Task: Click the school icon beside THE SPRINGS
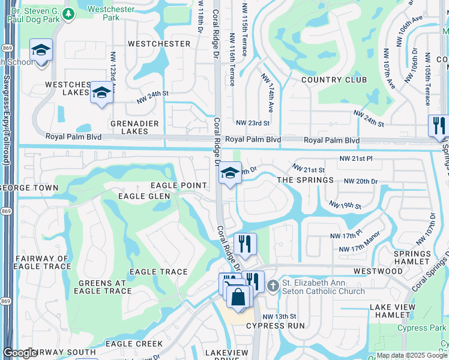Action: (229, 174)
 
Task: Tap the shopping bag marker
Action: (239, 297)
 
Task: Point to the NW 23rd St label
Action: (252, 123)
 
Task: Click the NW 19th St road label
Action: (345, 206)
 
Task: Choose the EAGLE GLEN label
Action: (144, 196)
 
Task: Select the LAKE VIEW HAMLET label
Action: (393, 311)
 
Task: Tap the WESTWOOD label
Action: (378, 271)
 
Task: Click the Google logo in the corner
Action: (20, 352)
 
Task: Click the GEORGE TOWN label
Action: (30, 188)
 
